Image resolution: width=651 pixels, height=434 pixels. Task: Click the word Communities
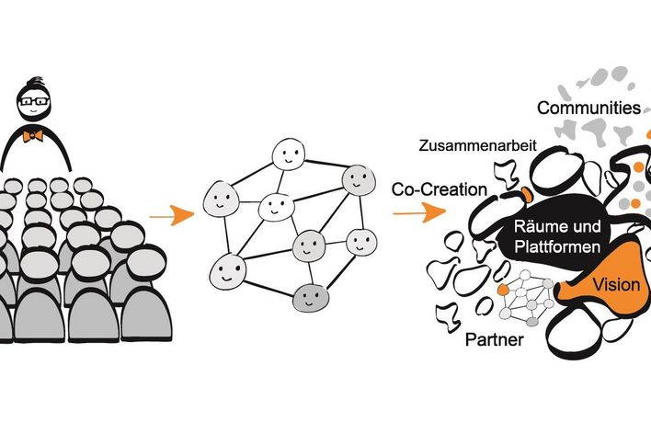588,108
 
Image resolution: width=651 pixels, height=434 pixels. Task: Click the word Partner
494,340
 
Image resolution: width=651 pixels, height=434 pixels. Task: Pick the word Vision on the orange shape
616,284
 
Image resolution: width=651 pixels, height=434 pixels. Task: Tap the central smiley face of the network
274,207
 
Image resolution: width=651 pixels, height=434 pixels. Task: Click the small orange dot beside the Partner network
503,290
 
